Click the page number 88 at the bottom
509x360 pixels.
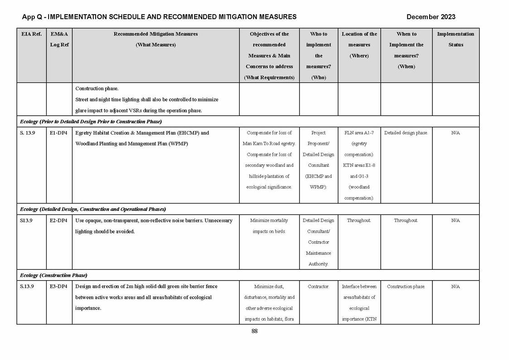coord(254,331)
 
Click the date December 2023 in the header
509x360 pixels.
coord(431,17)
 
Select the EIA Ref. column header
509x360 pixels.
coord(31,34)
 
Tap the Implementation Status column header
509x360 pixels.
coord(455,39)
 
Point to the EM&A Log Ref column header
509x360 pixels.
coord(59,39)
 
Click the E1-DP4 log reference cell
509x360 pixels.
coord(58,133)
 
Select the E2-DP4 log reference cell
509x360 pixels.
coord(58,220)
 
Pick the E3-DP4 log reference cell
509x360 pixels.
coord(58,287)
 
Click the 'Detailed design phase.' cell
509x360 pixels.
coord(406,133)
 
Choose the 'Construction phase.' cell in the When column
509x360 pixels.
coord(406,287)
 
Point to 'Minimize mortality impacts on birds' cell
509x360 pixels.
coord(269,226)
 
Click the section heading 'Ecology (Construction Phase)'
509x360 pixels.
coord(53,275)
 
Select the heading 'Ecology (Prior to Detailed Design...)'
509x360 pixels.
coord(91,122)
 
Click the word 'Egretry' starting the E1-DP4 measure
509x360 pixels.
coord(84,133)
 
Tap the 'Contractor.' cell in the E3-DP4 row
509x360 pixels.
coord(318,287)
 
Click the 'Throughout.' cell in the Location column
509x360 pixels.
coord(359,220)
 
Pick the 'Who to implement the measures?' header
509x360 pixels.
coord(318,55)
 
